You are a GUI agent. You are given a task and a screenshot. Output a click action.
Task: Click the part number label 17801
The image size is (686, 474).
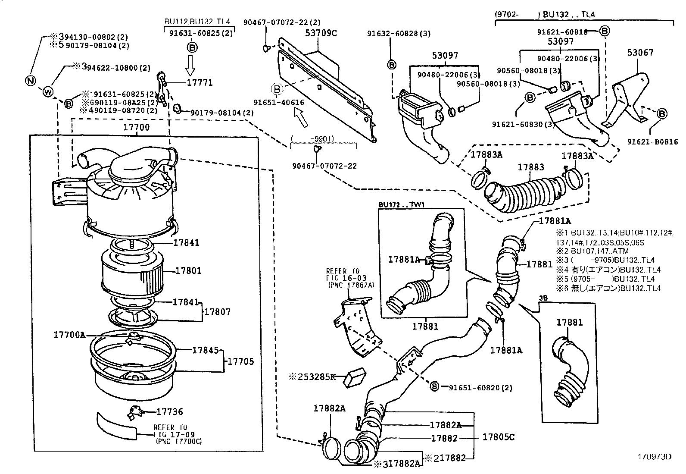[188, 271]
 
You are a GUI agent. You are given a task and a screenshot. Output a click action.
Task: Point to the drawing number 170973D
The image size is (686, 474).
[655, 457]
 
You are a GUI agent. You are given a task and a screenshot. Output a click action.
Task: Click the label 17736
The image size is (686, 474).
[169, 412]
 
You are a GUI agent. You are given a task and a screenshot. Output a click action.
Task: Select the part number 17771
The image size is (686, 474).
[200, 82]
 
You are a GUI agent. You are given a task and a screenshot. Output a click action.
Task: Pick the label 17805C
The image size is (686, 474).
[498, 437]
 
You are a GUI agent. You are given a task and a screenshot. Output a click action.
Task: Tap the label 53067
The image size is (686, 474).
[639, 53]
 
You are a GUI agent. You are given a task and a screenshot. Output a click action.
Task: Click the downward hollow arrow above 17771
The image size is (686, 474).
[190, 66]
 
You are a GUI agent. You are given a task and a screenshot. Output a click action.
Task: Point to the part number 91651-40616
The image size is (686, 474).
[278, 103]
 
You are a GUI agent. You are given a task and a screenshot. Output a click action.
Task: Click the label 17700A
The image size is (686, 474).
[69, 334]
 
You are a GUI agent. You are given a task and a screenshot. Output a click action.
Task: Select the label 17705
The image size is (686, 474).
[241, 361]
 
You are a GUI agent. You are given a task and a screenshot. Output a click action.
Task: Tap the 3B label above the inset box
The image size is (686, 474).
[543, 298]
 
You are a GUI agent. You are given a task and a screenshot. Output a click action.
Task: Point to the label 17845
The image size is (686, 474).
[205, 351]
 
